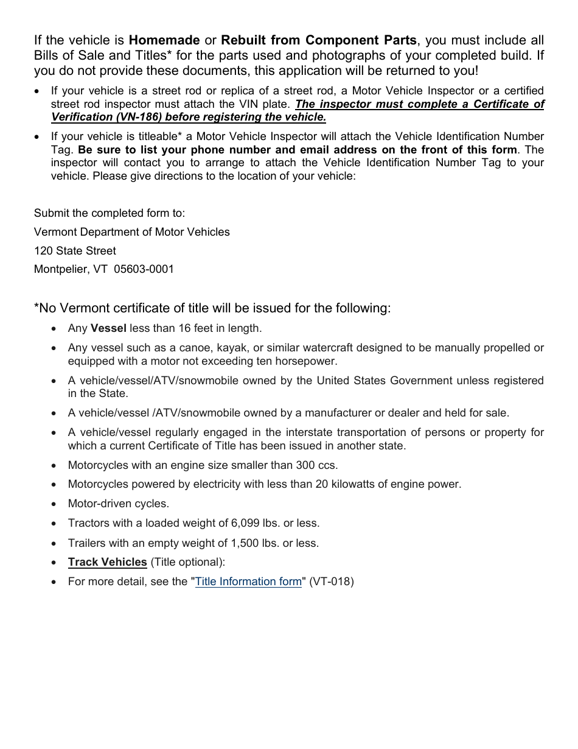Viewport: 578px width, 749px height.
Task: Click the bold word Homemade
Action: tap(164, 41)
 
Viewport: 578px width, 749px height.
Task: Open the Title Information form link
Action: tap(248, 582)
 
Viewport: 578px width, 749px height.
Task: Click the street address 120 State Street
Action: tap(75, 250)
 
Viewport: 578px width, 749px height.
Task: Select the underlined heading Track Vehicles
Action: tap(108, 562)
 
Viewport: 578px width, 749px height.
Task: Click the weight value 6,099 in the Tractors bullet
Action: tap(245, 523)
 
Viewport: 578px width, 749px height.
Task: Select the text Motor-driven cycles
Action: tap(119, 504)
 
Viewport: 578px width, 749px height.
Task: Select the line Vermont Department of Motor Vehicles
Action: tap(132, 232)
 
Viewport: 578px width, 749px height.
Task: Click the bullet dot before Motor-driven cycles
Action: tap(55, 504)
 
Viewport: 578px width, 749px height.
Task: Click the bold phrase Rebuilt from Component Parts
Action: tap(319, 41)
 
